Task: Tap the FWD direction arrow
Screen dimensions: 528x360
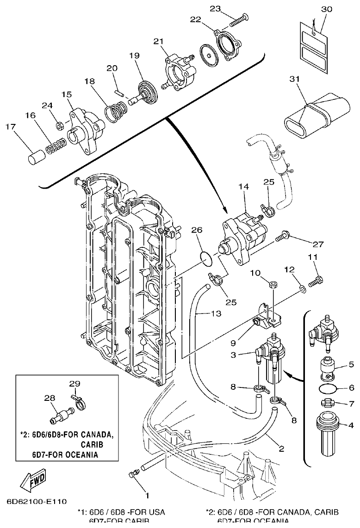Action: [x=33, y=483]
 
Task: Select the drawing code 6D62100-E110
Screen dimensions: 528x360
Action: [x=37, y=501]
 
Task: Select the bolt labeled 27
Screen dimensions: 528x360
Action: [x=282, y=239]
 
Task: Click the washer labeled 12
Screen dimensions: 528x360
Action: [x=302, y=289]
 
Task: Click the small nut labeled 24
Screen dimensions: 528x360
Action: [x=59, y=125]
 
